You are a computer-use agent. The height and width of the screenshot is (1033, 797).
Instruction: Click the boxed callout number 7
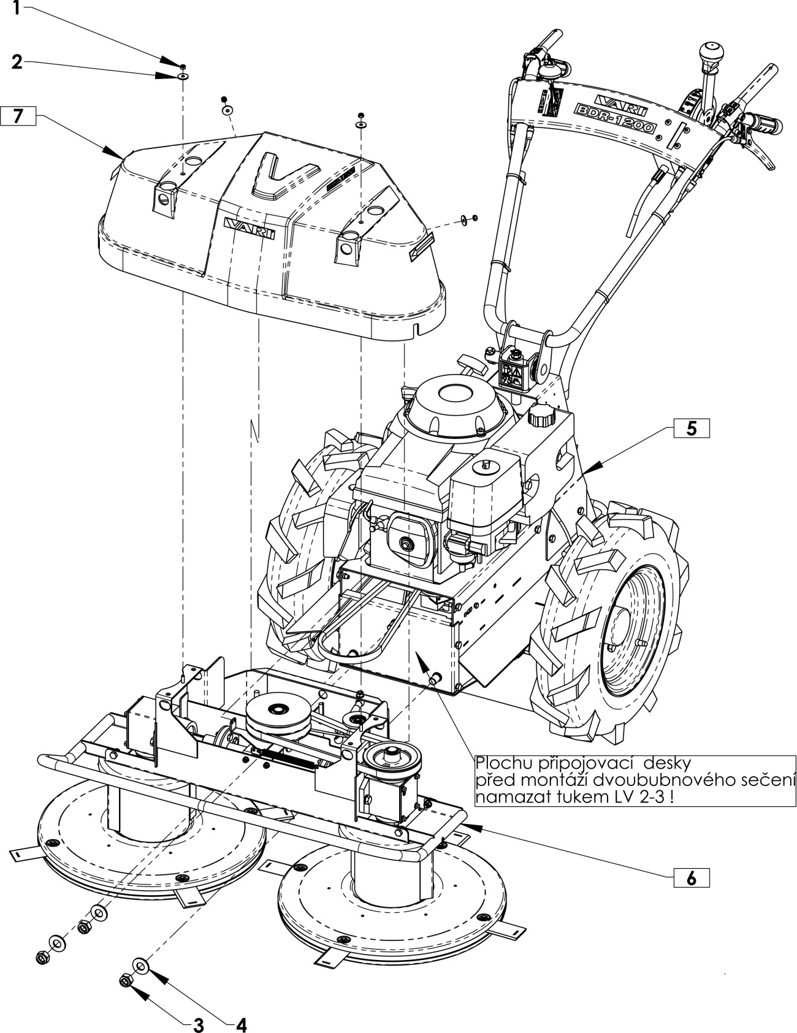[x=18, y=116]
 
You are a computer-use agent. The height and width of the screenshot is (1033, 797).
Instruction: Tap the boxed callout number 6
[x=691, y=878]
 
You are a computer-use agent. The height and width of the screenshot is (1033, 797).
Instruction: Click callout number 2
[x=17, y=62]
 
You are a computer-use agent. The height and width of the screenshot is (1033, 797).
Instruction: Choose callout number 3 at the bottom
[x=198, y=1024]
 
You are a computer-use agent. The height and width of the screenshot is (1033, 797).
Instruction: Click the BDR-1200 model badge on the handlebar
[x=612, y=118]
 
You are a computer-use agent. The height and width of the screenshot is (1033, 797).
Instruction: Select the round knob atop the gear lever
[x=712, y=50]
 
